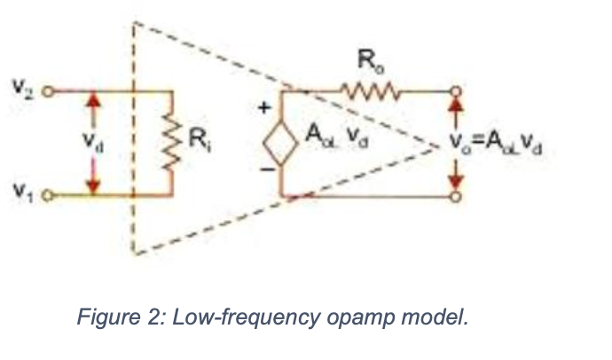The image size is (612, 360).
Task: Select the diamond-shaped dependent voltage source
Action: click(281, 142)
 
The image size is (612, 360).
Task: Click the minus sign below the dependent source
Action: click(263, 169)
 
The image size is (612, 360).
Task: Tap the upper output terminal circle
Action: click(456, 90)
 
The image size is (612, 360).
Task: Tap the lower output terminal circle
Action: click(456, 194)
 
